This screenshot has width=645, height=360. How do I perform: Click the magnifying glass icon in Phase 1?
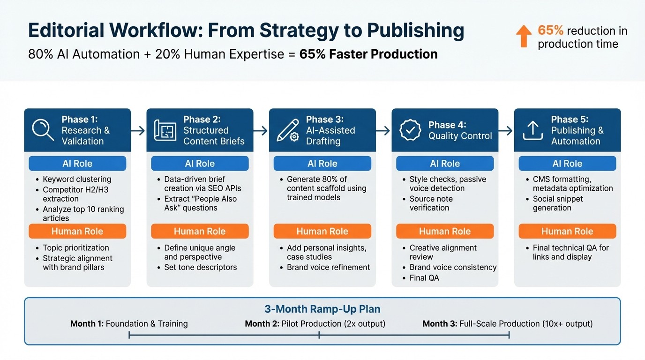click(43, 130)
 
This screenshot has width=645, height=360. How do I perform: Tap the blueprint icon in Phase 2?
click(165, 130)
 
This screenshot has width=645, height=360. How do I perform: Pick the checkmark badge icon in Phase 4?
click(410, 130)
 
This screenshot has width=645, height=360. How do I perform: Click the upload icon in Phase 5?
click(532, 130)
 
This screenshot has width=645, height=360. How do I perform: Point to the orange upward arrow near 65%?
click(524, 36)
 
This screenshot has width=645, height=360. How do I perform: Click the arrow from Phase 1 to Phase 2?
click(138, 130)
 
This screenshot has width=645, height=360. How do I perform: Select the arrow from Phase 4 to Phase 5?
click(506, 130)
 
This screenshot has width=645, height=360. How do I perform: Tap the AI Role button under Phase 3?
click(322, 164)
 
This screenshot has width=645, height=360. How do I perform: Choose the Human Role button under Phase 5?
click(567, 231)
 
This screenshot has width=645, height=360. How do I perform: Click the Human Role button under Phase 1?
click(77, 231)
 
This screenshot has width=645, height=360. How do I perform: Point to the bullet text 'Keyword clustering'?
click(77, 179)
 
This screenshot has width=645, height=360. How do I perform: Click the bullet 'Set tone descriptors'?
click(200, 267)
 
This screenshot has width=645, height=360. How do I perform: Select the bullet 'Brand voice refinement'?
click(328, 267)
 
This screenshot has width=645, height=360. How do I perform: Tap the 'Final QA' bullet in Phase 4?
click(424, 278)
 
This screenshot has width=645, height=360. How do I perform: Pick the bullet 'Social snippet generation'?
click(557, 203)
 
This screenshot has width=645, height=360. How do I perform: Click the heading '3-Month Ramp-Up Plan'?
click(322, 309)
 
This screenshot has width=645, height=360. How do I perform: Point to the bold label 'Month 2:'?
click(262, 323)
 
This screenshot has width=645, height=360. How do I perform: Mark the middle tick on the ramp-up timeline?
click(319, 335)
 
